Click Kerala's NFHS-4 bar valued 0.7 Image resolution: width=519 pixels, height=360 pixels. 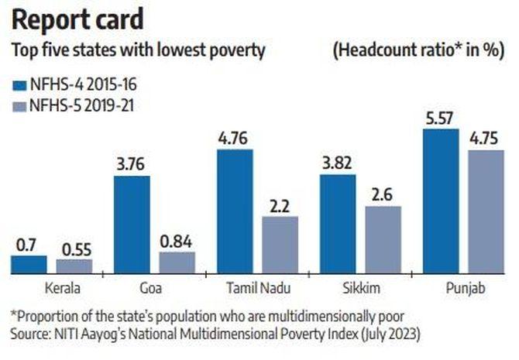[x=29, y=265]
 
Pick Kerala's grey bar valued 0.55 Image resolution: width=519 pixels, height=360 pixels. [x=74, y=266]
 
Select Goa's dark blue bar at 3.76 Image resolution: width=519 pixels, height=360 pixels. [x=132, y=225]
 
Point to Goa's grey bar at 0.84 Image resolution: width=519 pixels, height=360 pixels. [x=177, y=262]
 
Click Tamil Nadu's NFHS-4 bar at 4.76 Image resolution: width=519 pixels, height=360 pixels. [x=235, y=211]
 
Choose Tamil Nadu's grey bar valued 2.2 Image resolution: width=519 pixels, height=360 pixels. [x=280, y=245]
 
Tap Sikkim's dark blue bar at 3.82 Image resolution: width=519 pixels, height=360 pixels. [x=338, y=224]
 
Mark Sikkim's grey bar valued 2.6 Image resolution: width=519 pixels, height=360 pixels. [x=382, y=239]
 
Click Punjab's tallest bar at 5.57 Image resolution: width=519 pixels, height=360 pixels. [x=441, y=201]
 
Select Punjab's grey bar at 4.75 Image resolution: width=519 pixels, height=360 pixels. [x=485, y=211]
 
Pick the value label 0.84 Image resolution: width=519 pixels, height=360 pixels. [x=177, y=241]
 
